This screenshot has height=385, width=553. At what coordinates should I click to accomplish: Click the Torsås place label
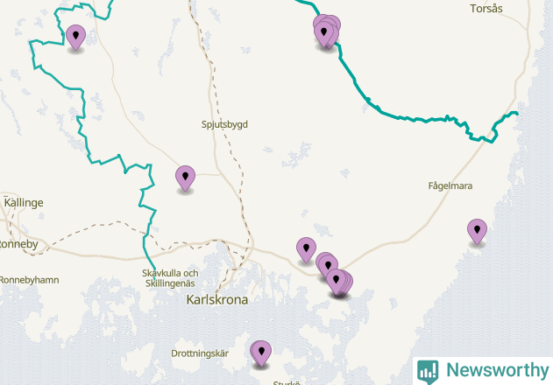pyautogui.click(x=486, y=9)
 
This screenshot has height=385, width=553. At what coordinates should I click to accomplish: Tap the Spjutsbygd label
pyautogui.click(x=225, y=124)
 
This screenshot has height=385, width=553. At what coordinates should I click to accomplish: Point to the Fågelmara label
pyautogui.click(x=450, y=186)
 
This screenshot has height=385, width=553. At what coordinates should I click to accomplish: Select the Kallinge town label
pyautogui.click(x=24, y=202)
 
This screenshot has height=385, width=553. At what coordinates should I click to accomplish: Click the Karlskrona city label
pyautogui.click(x=217, y=299)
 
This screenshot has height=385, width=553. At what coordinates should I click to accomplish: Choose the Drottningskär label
pyautogui.click(x=200, y=353)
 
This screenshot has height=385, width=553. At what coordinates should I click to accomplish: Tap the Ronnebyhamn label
pyautogui.click(x=28, y=280)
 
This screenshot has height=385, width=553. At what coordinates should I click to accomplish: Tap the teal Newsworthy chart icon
pyautogui.click(x=428, y=371)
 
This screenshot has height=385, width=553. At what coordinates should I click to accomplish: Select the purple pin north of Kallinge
pyautogui.click(x=76, y=37)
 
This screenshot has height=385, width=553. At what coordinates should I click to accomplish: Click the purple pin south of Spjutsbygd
pyautogui.click(x=185, y=178)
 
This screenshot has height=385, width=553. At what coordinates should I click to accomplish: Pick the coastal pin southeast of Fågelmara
pyautogui.click(x=477, y=231)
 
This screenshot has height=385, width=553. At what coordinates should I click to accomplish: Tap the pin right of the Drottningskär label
pyautogui.click(x=260, y=353)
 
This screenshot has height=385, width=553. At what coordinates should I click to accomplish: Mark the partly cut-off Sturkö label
pyautogui.click(x=287, y=381)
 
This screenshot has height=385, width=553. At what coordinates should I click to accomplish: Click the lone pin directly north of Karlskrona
pyautogui.click(x=306, y=249)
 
